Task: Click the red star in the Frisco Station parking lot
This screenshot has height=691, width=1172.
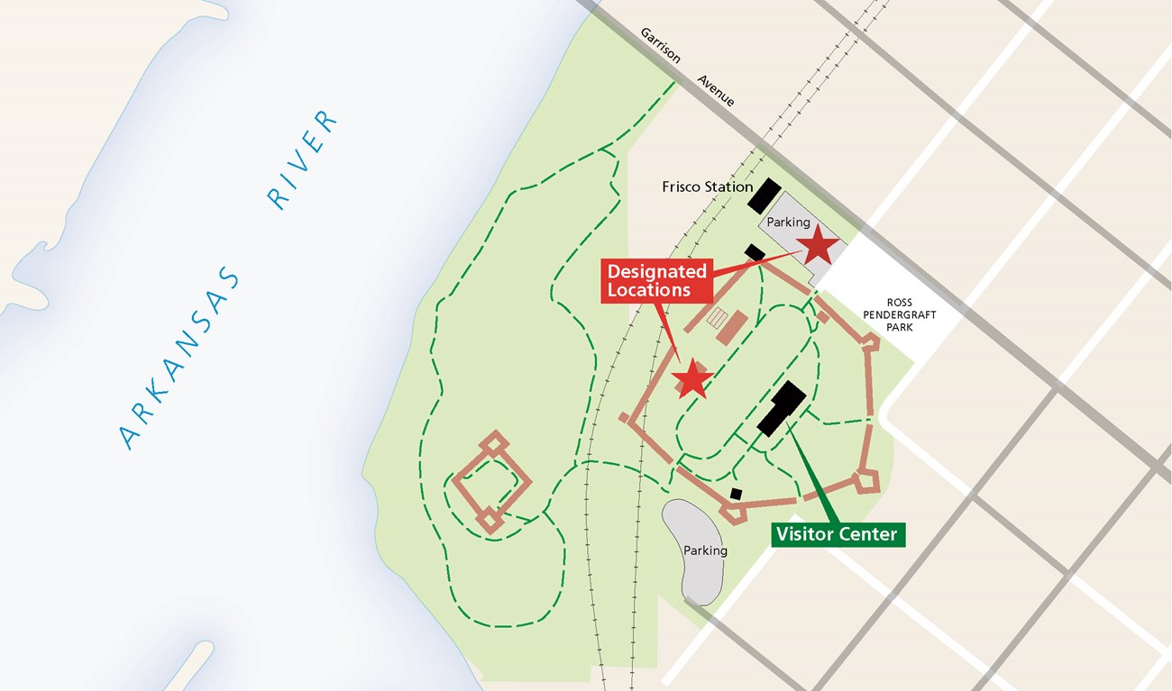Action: coord(819,244)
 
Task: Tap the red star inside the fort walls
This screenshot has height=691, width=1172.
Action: coord(692,379)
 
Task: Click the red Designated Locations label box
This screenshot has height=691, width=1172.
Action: coord(656,280)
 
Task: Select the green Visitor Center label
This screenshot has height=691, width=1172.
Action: coord(838,534)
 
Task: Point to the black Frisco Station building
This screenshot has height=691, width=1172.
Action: coord(764,195)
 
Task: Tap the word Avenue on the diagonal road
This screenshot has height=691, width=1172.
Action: coord(716,91)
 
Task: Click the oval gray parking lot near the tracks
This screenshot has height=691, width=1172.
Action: coord(694,550)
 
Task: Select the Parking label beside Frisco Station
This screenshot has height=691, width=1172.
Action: coord(788,222)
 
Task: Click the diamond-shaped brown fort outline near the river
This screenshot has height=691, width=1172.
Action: coord(491,483)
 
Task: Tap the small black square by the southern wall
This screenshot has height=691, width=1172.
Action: coord(736,494)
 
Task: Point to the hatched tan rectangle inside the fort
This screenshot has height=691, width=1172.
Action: coord(718,318)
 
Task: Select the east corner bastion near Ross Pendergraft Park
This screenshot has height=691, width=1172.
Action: coord(871,342)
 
